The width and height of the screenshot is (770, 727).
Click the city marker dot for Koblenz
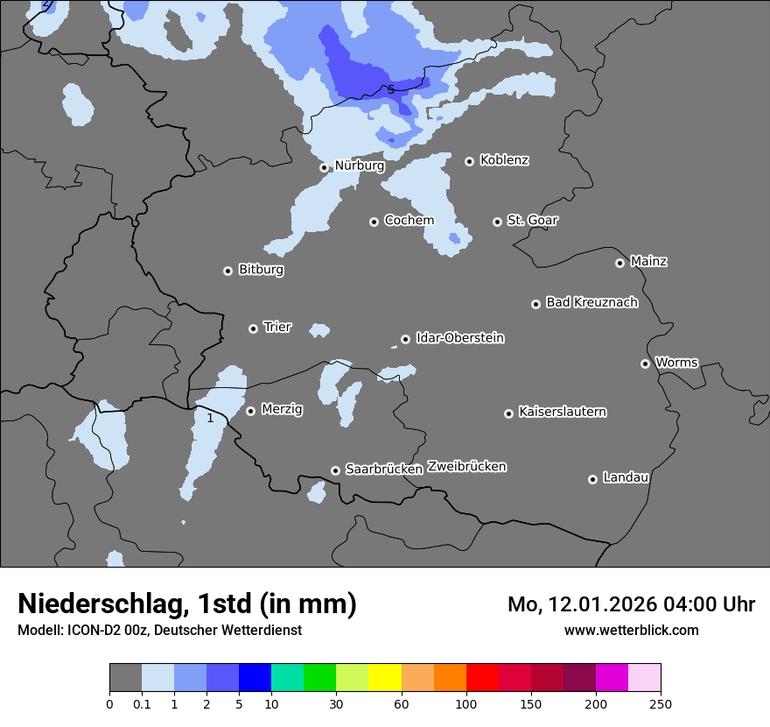(x=469, y=161)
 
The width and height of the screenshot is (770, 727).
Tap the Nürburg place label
(x=359, y=165)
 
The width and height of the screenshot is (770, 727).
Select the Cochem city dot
(x=374, y=222)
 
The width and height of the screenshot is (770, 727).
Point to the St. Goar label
(x=532, y=220)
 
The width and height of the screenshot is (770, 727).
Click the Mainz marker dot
(x=619, y=263)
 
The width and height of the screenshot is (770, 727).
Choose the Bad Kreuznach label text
(x=591, y=302)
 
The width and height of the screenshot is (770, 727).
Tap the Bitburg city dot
(x=227, y=271)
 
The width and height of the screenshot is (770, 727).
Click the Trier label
(x=277, y=327)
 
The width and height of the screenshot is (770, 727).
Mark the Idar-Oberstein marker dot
(x=405, y=339)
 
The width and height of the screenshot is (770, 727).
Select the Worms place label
(x=676, y=362)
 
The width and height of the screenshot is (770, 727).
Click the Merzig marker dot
(x=250, y=411)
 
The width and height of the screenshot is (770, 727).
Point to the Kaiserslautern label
(x=562, y=412)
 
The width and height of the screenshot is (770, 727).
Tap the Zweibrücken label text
(x=466, y=466)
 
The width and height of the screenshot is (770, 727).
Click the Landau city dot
(x=592, y=479)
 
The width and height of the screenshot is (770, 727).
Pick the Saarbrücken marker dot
(x=335, y=470)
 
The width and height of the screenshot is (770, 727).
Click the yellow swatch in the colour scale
(x=385, y=678)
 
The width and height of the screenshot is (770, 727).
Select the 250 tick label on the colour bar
(x=660, y=703)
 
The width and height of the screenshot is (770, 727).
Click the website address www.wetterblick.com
(x=631, y=630)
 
